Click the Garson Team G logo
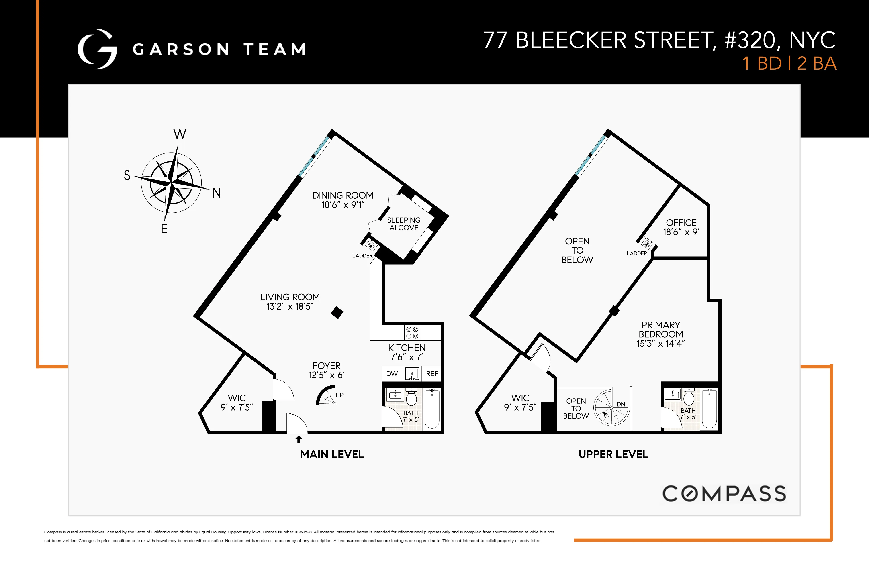point(97,49)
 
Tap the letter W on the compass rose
point(180,134)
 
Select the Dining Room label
point(343,195)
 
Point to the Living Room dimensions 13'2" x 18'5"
point(290,307)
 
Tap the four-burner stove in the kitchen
point(412,332)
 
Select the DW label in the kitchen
point(392,374)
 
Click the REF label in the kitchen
point(431,374)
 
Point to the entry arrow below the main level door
point(299,439)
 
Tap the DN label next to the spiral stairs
point(621,404)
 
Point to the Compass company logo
point(724,494)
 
